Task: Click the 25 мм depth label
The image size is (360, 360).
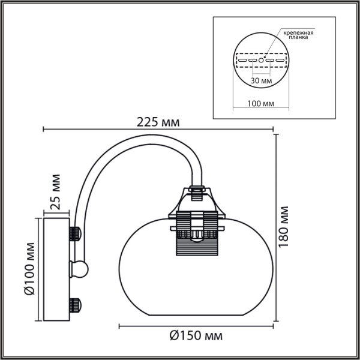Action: (x=55, y=192)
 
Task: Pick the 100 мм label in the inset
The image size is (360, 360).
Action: (x=260, y=103)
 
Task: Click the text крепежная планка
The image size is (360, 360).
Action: (x=299, y=34)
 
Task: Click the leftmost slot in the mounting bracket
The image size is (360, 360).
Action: (x=243, y=61)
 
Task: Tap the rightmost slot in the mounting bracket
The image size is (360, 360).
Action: (x=279, y=61)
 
